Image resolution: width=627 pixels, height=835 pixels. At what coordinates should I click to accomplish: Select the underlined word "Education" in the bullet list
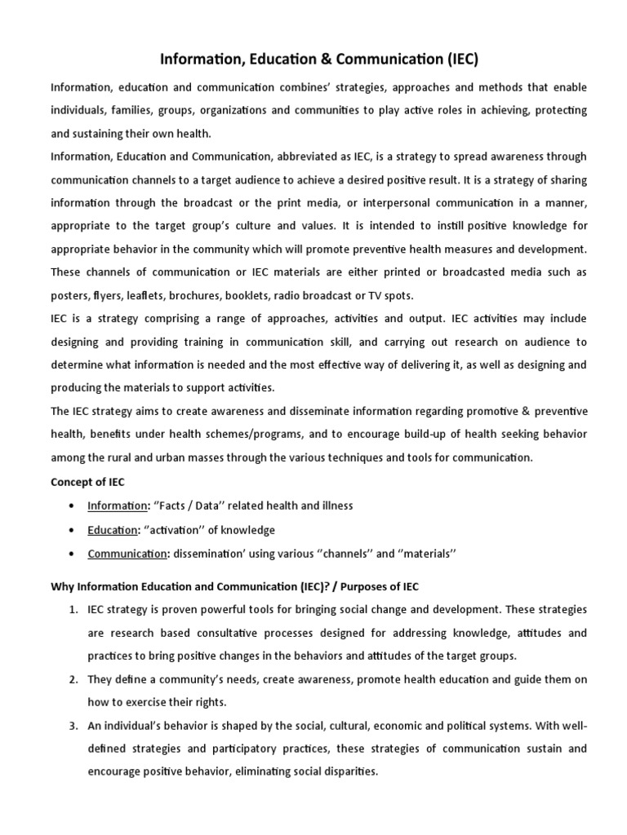(x=112, y=530)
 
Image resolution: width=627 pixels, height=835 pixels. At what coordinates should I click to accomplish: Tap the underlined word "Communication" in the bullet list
(x=127, y=554)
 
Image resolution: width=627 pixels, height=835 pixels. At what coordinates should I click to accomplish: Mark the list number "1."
(x=73, y=609)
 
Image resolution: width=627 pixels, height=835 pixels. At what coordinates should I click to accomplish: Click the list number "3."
(x=73, y=726)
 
